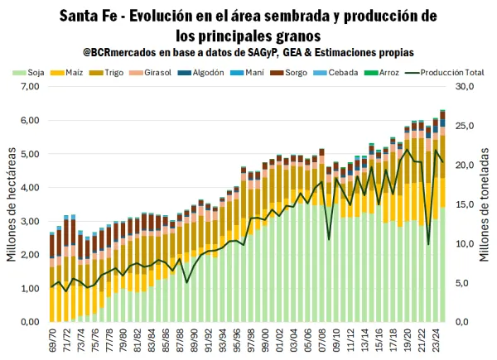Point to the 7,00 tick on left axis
(x=30, y=87)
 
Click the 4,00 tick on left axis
(x=30, y=188)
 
